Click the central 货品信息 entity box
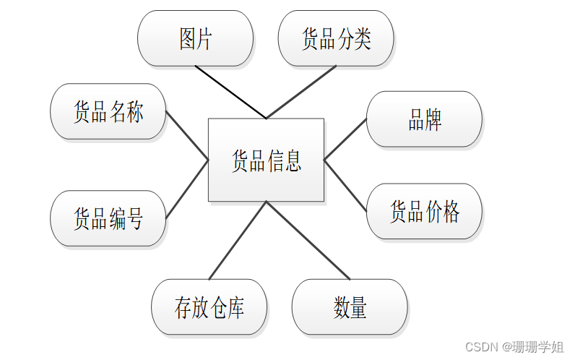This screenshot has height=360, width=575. [266, 160]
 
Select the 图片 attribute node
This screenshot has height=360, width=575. [195, 38]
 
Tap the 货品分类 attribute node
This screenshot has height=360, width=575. [336, 38]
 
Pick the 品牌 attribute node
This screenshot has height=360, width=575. [424, 119]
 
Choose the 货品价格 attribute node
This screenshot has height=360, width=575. [424, 211]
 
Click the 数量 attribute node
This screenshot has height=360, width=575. [350, 307]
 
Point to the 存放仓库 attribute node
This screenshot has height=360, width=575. [209, 307]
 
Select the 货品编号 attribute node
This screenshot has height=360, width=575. [108, 218]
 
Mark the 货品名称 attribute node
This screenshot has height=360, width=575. [108, 111]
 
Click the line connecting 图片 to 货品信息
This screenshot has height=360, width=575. [230, 92]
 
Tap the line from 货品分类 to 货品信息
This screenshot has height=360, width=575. [301, 92]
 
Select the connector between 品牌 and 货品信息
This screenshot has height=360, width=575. [345, 140]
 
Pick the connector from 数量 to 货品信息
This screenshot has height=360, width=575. [308, 240]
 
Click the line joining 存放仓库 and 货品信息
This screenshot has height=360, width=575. [238, 240]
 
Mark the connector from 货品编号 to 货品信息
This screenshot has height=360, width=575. [187, 189]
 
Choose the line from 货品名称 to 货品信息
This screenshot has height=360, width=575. [187, 134]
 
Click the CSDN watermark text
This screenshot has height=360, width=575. [513, 347]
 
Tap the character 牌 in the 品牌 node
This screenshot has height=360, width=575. [433, 119]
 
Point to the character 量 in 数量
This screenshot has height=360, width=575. [359, 307]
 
